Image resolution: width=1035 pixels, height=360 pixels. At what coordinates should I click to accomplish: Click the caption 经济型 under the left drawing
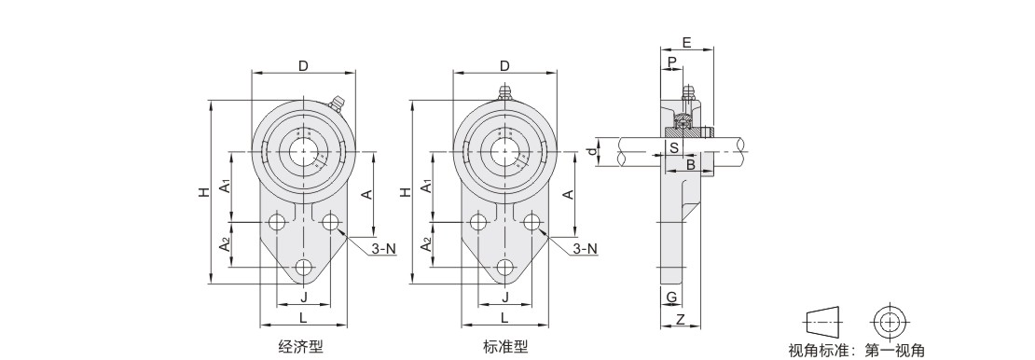pyautogui.click(x=301, y=346)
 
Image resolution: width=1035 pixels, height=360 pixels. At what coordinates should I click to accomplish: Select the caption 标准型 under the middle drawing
pyautogui.click(x=505, y=346)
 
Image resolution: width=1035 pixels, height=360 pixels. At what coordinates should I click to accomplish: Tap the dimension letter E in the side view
pyautogui.click(x=686, y=43)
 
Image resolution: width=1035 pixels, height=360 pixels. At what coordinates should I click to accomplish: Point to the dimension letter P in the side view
pyautogui.click(x=672, y=62)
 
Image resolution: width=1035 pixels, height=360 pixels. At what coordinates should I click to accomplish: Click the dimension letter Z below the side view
pyautogui.click(x=681, y=321)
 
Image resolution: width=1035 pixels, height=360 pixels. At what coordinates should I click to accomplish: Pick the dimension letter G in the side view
pyautogui.click(x=671, y=298)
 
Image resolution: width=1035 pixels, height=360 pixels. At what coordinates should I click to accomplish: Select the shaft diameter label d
pyautogui.click(x=593, y=151)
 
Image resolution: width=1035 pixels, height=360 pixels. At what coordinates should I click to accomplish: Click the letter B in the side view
pyautogui.click(x=690, y=164)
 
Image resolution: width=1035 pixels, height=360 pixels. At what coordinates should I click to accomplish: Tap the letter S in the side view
pyautogui.click(x=673, y=147)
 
